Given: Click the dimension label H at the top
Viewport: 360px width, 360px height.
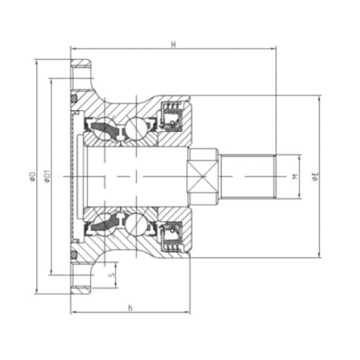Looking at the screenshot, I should (174, 44).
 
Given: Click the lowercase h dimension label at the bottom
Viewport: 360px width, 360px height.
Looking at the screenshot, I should (130, 308).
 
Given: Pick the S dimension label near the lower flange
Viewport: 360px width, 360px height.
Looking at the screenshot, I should (111, 274).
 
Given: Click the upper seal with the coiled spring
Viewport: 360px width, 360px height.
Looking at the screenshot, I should (172, 116).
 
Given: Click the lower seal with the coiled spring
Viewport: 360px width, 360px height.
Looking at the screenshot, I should (172, 238).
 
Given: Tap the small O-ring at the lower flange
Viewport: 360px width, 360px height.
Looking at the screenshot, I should (74, 256).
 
